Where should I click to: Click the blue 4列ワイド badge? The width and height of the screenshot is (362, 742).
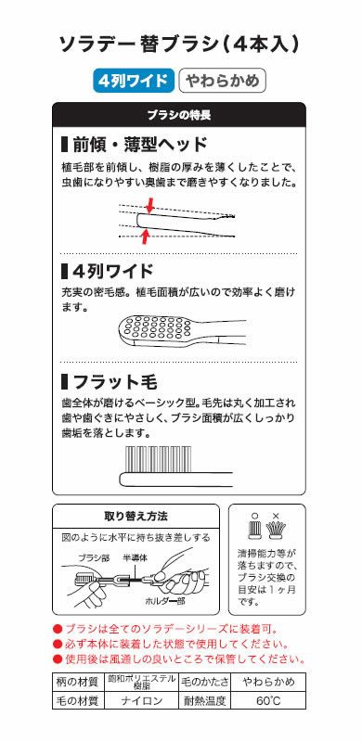tap(134, 82)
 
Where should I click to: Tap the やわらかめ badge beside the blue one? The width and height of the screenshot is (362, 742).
tap(223, 82)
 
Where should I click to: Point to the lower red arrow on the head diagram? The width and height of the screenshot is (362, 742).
tap(145, 237)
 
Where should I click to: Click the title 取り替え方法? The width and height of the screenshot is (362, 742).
tap(135, 517)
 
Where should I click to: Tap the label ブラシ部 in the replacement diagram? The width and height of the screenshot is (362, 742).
tap(93, 558)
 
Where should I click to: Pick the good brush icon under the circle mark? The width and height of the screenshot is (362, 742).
tap(257, 530)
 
